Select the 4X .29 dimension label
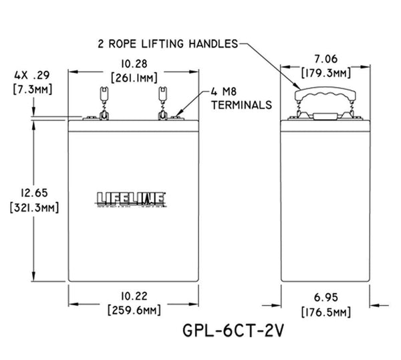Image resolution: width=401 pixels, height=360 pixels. point(24,76)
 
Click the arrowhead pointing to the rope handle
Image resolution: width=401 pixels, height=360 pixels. point(298,84)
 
